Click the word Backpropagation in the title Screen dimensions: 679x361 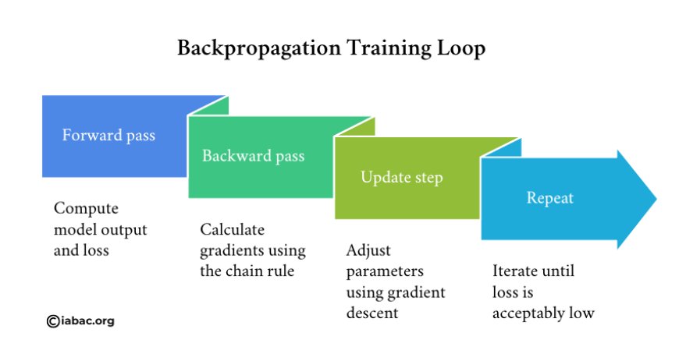(x=259, y=48)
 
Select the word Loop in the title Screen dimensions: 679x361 (x=460, y=48)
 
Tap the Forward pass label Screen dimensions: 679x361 (x=108, y=136)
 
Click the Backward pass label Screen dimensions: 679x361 (x=254, y=156)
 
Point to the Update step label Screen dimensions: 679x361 (x=402, y=178)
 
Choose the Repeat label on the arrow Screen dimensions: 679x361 (x=550, y=198)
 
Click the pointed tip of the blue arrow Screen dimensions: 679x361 (x=656, y=199)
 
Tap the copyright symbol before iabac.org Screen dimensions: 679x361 (x=53, y=321)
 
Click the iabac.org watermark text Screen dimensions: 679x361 (x=88, y=321)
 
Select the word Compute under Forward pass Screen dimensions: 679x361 (x=86, y=209)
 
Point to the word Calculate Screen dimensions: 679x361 (x=232, y=229)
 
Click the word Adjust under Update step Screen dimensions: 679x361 (x=368, y=250)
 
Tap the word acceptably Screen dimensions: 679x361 (x=528, y=313)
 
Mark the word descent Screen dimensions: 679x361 (x=372, y=313)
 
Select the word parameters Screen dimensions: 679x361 (x=385, y=272)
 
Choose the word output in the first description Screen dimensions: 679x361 (x=125, y=230)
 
